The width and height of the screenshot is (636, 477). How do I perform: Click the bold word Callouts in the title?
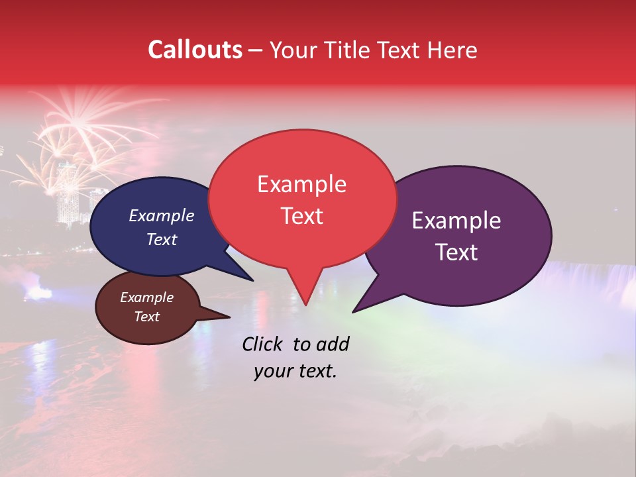(x=195, y=50)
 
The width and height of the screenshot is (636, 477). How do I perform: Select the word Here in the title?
(x=453, y=50)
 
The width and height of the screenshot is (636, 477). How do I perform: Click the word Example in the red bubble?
(x=301, y=184)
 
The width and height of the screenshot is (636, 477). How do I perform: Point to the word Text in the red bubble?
(x=301, y=216)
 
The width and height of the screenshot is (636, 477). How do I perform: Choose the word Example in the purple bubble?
(x=456, y=221)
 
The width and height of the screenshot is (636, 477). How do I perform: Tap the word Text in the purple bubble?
(x=456, y=252)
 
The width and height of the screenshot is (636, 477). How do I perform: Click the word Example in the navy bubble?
(x=161, y=215)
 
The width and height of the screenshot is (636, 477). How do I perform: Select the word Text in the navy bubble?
(x=161, y=239)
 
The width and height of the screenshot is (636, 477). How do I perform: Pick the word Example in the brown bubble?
(x=146, y=297)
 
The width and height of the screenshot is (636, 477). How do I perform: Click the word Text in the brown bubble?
(x=146, y=317)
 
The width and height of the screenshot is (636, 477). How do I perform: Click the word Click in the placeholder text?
(x=264, y=344)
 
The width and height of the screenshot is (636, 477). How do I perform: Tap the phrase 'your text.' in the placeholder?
(x=295, y=371)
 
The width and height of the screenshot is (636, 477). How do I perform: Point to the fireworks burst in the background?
(x=79, y=126)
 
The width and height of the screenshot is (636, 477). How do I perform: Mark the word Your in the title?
(x=291, y=50)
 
